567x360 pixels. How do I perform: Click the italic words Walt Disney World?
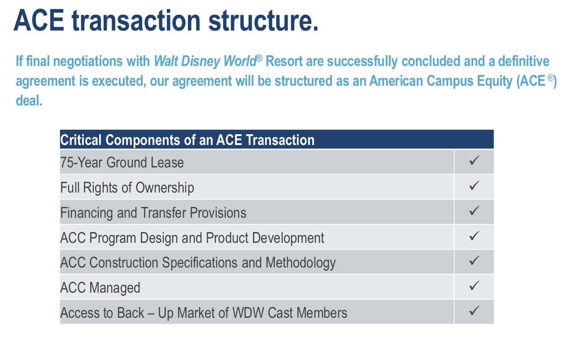click(205, 61)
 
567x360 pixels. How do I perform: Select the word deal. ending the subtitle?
click(29, 101)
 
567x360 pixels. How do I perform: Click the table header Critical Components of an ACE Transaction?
click(187, 140)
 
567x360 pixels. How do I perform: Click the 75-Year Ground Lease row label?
click(122, 162)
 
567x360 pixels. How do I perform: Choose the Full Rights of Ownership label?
click(127, 187)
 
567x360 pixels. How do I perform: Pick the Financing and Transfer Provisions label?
click(153, 212)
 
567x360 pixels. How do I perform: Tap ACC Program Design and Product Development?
click(192, 237)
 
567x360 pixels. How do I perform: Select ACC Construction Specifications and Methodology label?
click(197, 263)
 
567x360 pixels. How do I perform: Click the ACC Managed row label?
click(100, 288)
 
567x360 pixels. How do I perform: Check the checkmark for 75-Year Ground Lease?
click(474, 161)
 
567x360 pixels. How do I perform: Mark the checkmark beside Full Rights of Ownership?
click(474, 186)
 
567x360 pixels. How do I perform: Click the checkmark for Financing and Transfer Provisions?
click(474, 211)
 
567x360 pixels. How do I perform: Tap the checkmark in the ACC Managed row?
click(474, 285)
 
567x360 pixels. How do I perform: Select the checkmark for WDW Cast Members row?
click(474, 311)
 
